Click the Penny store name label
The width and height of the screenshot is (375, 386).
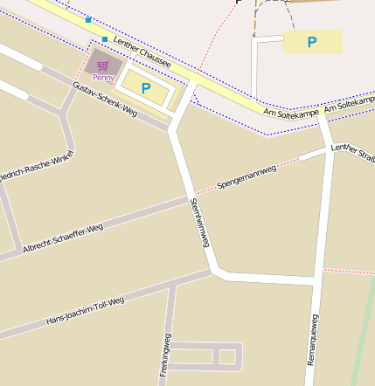click(103, 78)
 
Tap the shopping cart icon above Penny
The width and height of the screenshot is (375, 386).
click(103, 65)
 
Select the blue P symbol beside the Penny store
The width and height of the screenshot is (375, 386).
click(146, 87)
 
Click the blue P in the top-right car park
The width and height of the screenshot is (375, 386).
click(312, 41)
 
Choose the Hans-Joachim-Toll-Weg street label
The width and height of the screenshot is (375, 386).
click(85, 312)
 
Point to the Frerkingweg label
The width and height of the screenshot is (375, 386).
click(166, 355)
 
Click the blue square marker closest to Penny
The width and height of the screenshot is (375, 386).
click(105, 39)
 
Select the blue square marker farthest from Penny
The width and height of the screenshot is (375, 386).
click(88, 19)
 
